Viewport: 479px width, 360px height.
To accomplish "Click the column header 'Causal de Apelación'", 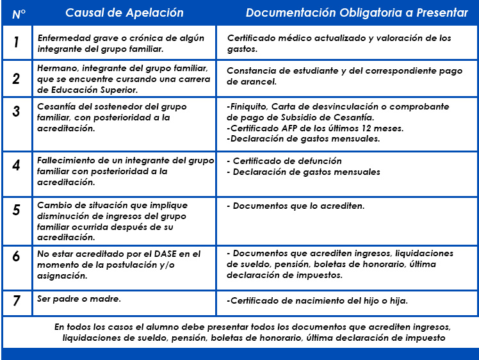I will click(124, 13).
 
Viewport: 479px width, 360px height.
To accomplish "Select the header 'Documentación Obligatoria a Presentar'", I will click(357, 13).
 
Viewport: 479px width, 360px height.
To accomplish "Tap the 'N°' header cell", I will click(19, 13).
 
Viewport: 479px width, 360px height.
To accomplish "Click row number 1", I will click(17, 42).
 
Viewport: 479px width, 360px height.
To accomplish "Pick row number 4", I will click(17, 165).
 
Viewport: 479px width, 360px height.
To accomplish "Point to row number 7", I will click(17, 300).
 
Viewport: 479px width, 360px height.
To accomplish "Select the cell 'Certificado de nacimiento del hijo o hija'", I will click(317, 300).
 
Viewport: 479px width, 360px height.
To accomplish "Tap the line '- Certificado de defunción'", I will click(284, 161).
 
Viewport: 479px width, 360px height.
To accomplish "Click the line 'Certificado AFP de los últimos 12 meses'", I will click(315, 128).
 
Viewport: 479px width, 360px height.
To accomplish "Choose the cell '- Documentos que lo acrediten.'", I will click(296, 206).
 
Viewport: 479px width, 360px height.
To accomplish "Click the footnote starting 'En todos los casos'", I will click(254, 332).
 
